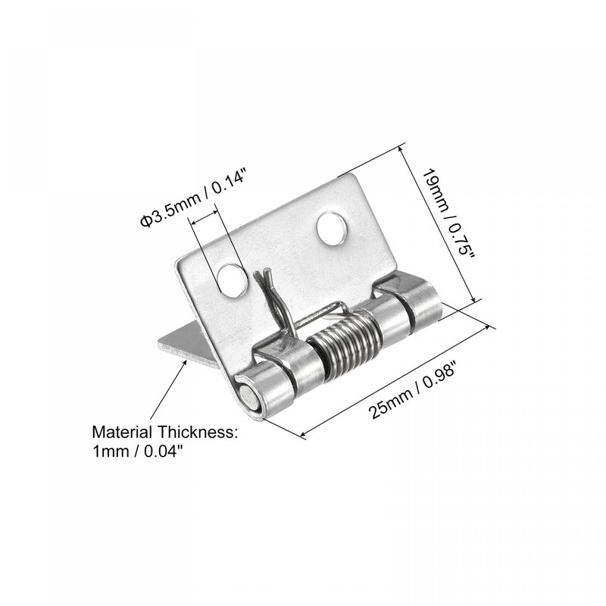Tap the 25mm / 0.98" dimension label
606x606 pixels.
396,379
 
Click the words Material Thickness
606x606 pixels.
165,433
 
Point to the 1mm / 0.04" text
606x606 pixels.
137,451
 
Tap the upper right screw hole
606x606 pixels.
331,229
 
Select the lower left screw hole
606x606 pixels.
232,280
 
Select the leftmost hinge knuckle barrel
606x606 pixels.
267,386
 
